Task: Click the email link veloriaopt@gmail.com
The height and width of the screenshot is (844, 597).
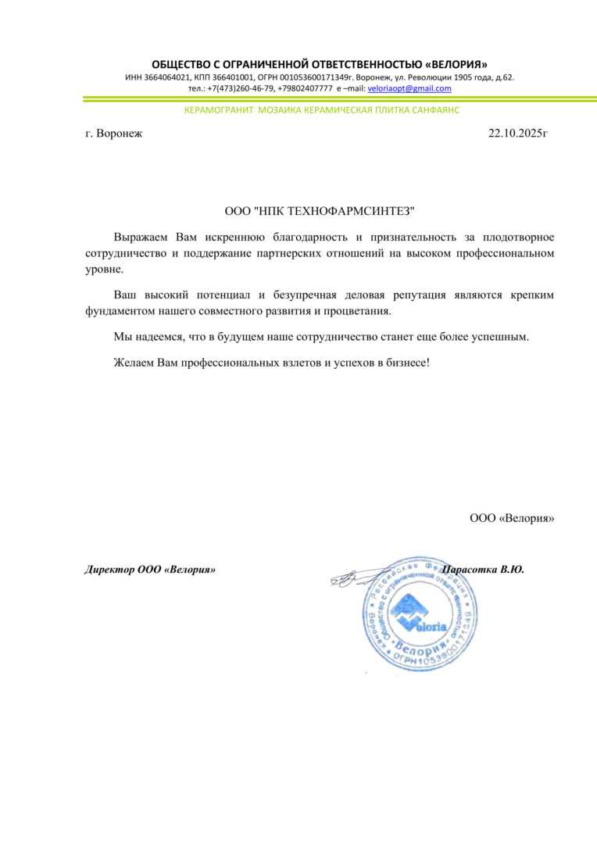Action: click(x=409, y=88)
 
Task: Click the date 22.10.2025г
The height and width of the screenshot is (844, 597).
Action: click(x=518, y=134)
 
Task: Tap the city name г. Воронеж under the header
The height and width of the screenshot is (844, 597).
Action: click(x=114, y=134)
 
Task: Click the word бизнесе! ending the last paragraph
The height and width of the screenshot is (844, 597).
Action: click(x=404, y=363)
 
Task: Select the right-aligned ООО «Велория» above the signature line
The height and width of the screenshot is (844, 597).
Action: click(x=512, y=517)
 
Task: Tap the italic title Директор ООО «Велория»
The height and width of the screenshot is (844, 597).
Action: click(x=150, y=570)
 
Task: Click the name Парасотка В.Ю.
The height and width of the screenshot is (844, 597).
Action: click(x=482, y=570)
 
